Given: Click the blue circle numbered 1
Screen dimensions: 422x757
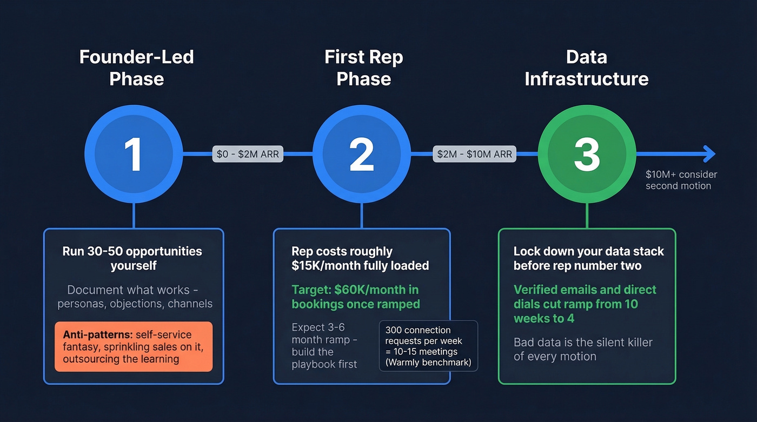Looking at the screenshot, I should click(134, 154).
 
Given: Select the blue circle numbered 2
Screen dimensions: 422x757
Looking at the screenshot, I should click(361, 154).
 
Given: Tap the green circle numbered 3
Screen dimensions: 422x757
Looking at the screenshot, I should click(587, 154).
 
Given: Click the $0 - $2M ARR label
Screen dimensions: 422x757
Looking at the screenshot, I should click(248, 154).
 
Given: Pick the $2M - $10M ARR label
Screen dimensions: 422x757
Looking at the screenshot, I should click(474, 154).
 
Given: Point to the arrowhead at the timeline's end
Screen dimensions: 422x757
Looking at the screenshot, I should click(709, 154).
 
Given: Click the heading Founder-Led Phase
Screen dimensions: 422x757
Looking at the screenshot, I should click(136, 68).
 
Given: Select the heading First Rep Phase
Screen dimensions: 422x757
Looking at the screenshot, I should click(363, 68).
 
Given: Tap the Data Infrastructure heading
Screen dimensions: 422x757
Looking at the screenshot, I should click(587, 68).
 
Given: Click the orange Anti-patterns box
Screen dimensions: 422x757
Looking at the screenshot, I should click(134, 346).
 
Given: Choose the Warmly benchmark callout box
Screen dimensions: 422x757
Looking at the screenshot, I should click(428, 346).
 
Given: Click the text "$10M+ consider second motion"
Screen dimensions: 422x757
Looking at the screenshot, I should click(681, 180).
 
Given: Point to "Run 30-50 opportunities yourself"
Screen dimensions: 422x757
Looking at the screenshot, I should click(132, 258).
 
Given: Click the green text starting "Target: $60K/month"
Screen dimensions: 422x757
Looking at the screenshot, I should click(355, 296).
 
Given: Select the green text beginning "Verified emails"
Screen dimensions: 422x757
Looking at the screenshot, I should click(585, 304).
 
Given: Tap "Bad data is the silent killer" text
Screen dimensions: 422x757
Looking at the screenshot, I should click(582, 349).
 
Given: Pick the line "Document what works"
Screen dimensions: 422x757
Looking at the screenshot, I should click(135, 296).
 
